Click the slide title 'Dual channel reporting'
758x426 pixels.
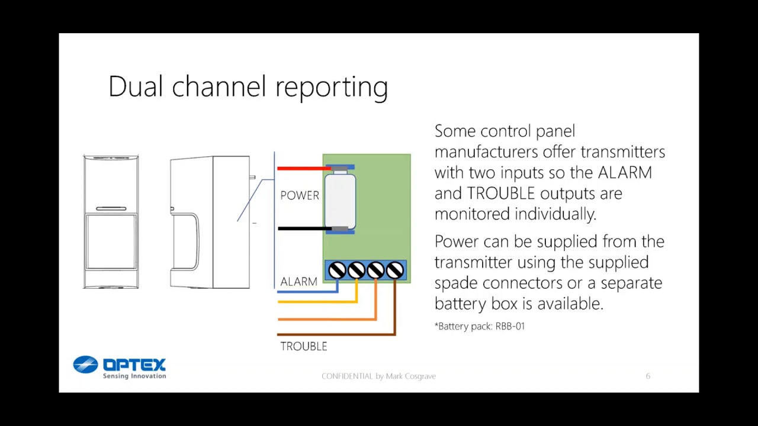[x=248, y=86]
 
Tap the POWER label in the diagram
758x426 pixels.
[x=300, y=195]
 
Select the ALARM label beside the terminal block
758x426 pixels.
[x=298, y=282]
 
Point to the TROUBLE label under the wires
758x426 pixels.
[x=303, y=347]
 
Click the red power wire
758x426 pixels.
[x=302, y=169]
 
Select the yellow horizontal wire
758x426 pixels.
[x=314, y=302]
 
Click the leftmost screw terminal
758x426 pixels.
[x=337, y=270]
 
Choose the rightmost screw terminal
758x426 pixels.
[x=395, y=270]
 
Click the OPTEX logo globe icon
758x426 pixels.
[x=85, y=364]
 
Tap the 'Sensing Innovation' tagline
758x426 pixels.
[x=134, y=376]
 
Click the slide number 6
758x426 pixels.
[x=648, y=376]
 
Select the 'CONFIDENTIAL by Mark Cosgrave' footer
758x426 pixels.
[x=378, y=376]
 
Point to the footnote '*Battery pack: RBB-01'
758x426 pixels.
[x=480, y=326]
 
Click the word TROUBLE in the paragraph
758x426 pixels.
[x=501, y=193]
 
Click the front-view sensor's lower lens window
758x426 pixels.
[x=111, y=241]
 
